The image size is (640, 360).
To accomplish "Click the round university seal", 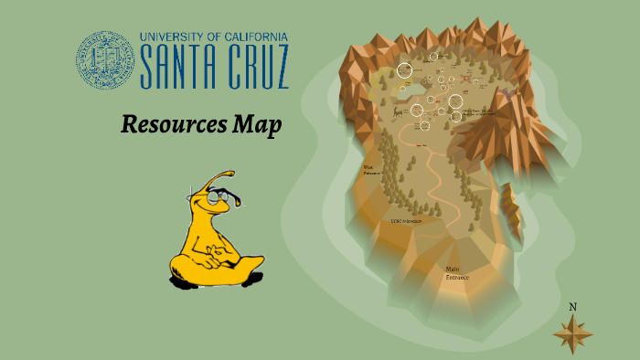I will pyautogui.click(x=105, y=59).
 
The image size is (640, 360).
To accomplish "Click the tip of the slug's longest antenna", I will pyautogui.click(x=229, y=172).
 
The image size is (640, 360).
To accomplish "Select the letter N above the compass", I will pyautogui.click(x=573, y=307).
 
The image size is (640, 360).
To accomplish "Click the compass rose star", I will pyautogui.click(x=573, y=334).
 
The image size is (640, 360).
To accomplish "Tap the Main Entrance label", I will pyautogui.click(x=454, y=272).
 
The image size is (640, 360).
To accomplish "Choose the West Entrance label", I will pyautogui.click(x=370, y=170).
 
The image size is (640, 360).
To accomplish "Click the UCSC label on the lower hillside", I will pyautogui.click(x=406, y=221).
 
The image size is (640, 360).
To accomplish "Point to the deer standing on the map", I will pyautogui.click(x=396, y=112).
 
